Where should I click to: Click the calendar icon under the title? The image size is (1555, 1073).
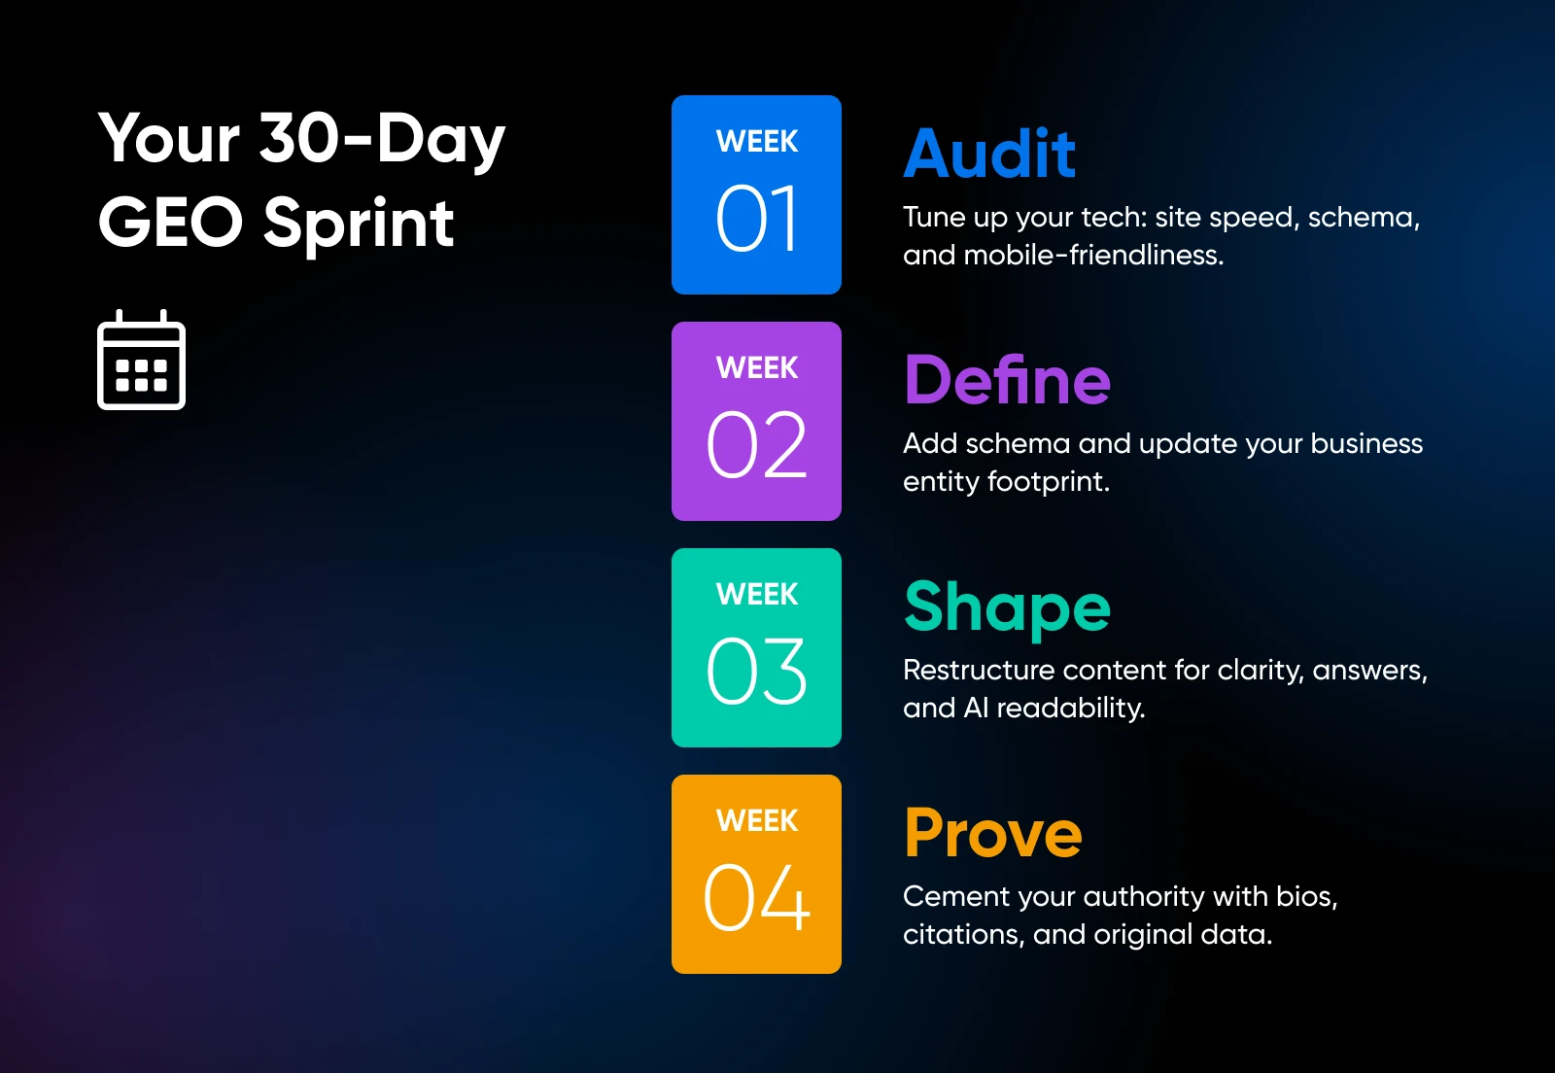[x=142, y=361]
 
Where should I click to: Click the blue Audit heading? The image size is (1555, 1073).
[x=989, y=154]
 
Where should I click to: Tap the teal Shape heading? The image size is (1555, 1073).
[x=1007, y=608]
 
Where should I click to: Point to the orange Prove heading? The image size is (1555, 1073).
[x=993, y=833]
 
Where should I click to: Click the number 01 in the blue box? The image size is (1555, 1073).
[x=756, y=219]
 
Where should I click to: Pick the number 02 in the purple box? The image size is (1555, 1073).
[x=756, y=444]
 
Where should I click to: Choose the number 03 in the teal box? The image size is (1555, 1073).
[x=756, y=671]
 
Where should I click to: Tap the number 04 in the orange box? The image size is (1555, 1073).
[x=756, y=897]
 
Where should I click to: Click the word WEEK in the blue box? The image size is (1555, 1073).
[x=757, y=142]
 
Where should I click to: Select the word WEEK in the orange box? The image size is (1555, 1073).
[x=757, y=821]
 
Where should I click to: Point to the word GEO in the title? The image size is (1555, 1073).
[x=171, y=223]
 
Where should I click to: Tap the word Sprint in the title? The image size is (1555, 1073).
[x=359, y=225]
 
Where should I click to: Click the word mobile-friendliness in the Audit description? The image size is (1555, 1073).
[x=1093, y=255]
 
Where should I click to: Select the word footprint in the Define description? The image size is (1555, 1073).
[x=1049, y=482]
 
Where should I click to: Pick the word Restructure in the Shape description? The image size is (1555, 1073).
[x=979, y=671]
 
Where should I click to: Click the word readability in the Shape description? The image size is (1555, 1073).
[x=1071, y=709]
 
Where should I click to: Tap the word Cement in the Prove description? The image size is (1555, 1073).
[x=955, y=897]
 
